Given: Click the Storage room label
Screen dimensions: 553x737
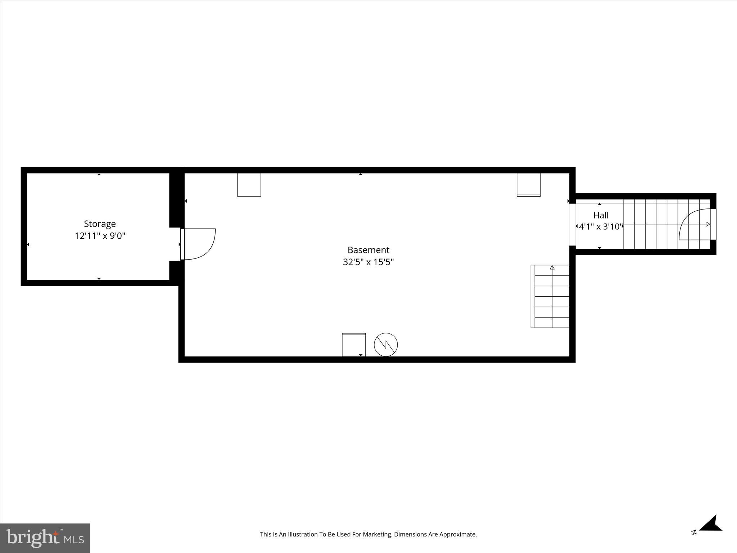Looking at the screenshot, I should (100, 224).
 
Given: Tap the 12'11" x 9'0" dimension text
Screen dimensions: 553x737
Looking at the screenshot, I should (100, 236).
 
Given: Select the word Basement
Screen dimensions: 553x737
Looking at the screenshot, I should (368, 250).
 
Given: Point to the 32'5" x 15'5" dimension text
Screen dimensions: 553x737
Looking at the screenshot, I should (368, 262).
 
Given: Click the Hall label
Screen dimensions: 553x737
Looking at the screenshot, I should (601, 215).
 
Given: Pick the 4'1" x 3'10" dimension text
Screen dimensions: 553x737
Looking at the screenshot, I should (600, 227).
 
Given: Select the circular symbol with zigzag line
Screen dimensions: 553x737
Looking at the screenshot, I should (386, 345).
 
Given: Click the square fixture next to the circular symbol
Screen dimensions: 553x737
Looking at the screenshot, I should (354, 345).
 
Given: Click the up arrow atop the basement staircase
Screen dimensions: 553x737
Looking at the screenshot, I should (552, 267).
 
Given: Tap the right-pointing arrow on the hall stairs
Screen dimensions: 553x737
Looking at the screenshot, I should (707, 224).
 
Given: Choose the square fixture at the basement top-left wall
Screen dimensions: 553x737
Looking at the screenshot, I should (249, 185).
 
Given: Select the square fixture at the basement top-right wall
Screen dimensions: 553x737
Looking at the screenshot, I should (528, 185).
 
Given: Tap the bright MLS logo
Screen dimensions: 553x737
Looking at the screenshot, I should (45, 538).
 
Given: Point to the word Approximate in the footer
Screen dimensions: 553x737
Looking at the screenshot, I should (459, 535).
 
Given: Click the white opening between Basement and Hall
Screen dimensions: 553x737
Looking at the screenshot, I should (572, 224).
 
